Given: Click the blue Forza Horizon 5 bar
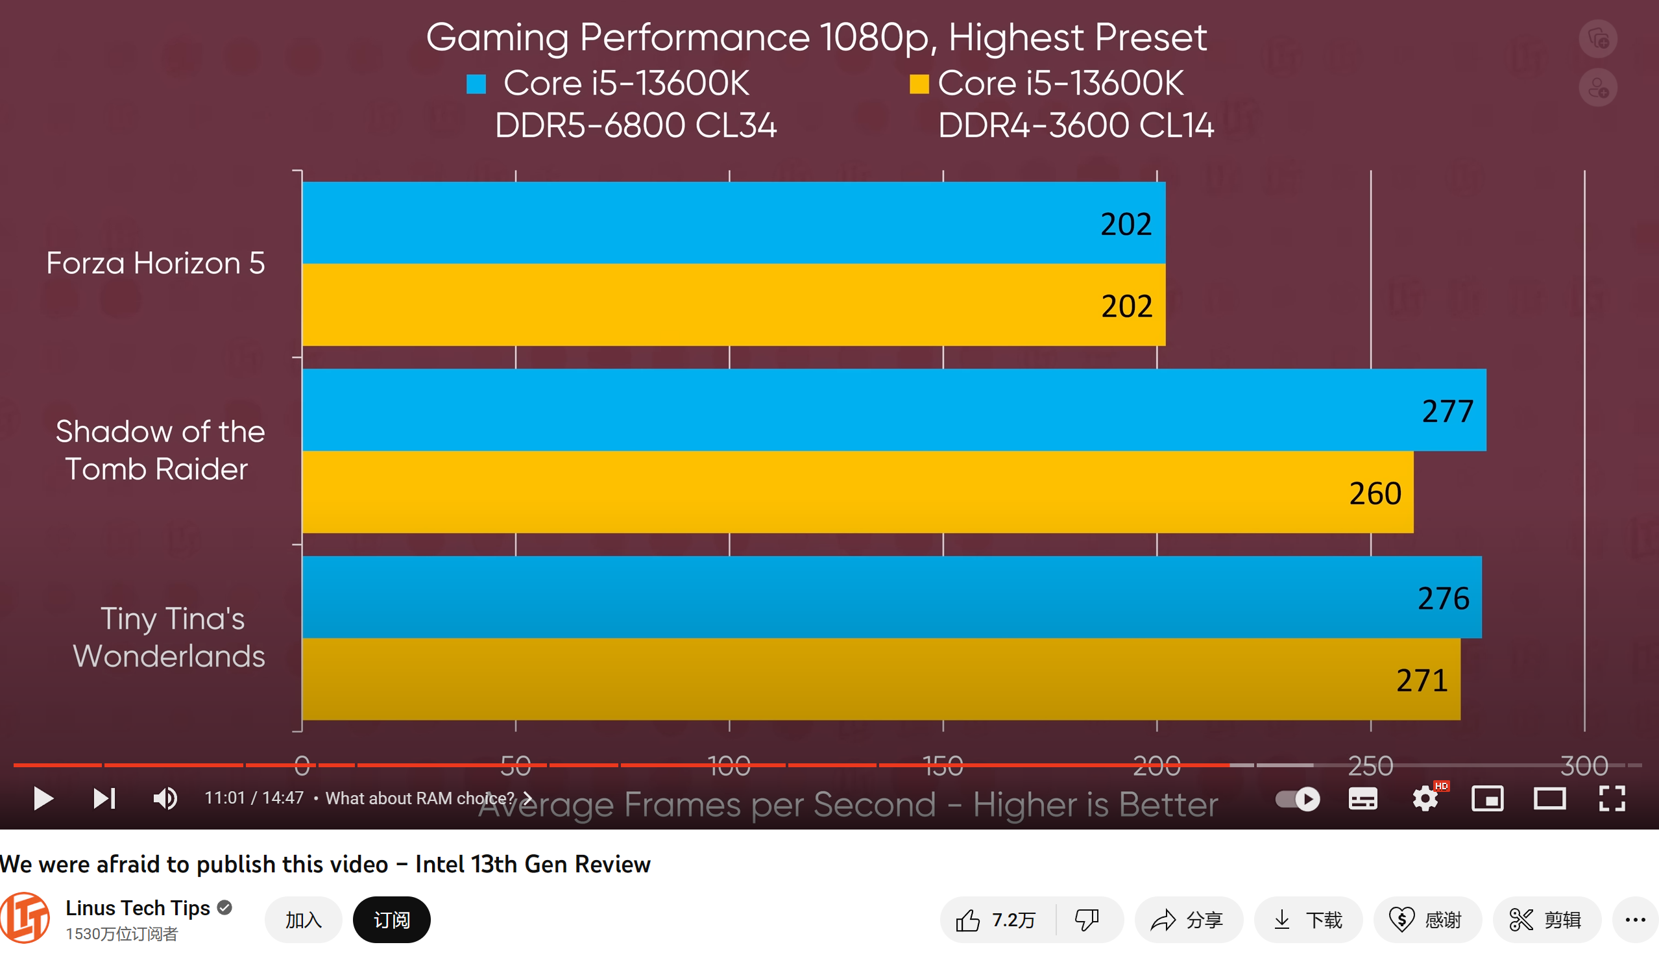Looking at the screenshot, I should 724,223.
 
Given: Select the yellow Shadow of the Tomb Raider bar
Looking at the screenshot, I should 856,492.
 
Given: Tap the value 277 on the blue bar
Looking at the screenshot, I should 1447,412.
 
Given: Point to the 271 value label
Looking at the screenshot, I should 1422,680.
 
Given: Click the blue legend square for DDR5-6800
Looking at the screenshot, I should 476,84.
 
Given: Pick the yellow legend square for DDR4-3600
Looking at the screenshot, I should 918,84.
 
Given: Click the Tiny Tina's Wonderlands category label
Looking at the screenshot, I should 170,637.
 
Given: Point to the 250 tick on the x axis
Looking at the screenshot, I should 1371,765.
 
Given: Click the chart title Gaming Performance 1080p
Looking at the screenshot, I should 816,37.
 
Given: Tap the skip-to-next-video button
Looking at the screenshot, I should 104,798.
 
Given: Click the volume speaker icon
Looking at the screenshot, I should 165,798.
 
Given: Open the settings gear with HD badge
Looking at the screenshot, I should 1425,798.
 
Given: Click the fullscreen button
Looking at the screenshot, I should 1612,798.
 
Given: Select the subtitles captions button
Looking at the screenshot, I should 1362,798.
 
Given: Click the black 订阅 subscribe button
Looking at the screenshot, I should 392,919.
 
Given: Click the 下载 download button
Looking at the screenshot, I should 1307,919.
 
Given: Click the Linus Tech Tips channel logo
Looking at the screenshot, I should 25,918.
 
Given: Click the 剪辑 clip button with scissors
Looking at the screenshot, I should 1545,919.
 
